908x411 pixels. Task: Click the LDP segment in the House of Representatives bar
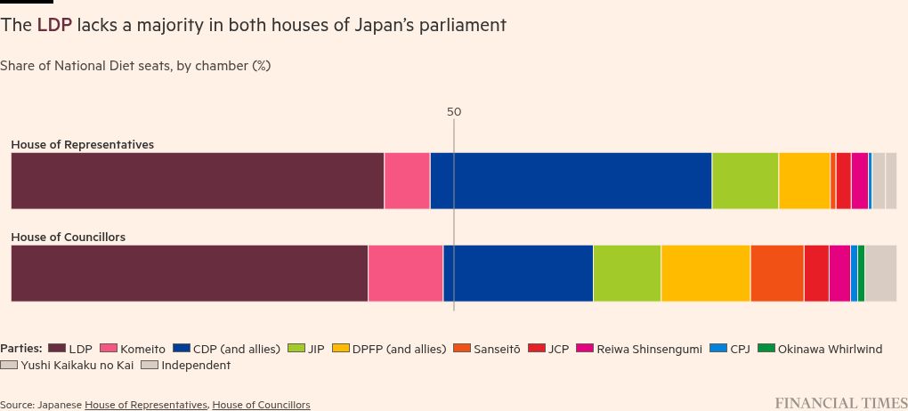tap(197, 181)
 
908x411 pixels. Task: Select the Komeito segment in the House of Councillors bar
tap(405, 273)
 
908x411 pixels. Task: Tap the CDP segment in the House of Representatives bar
tap(571, 181)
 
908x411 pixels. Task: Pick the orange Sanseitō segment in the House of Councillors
tap(776, 273)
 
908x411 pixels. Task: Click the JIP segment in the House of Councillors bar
tap(627, 273)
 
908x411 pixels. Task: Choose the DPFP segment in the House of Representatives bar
tap(804, 181)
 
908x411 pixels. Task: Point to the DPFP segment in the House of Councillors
tap(705, 273)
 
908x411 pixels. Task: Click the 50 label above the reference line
tap(454, 112)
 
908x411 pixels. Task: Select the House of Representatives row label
tap(82, 144)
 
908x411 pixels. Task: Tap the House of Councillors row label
tap(68, 238)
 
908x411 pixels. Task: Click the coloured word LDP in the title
tap(53, 25)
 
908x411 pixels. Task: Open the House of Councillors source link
tap(261, 405)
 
